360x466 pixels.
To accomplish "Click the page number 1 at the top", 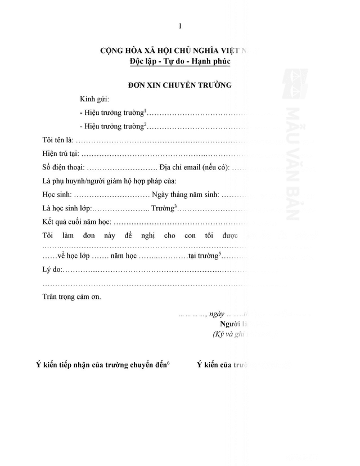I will click(x=179, y=25).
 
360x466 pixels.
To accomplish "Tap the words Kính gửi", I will click(x=93, y=99).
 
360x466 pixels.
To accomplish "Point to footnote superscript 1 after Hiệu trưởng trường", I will click(x=145, y=110).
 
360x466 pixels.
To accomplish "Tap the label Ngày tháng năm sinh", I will click(x=186, y=195).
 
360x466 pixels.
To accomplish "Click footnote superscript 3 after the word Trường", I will click(x=175, y=207).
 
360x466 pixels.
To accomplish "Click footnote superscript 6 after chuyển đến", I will click(x=168, y=363).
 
